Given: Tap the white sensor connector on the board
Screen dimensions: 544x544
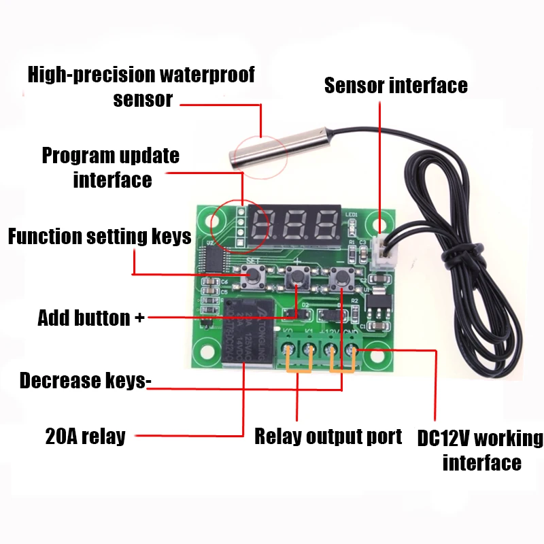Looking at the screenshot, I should click(x=381, y=255).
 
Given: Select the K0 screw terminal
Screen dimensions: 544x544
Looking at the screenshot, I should click(x=290, y=350).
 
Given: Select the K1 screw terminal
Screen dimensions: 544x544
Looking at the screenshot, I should click(x=310, y=350).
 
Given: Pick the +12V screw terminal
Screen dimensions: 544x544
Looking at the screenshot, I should click(x=332, y=350).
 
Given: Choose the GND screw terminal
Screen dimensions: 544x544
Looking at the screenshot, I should click(x=352, y=350).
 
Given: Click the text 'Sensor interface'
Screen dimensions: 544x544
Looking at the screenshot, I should click(x=396, y=86).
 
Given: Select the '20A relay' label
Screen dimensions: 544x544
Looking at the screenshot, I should click(x=86, y=436).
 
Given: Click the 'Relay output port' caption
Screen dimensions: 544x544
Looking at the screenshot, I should click(x=328, y=436).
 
